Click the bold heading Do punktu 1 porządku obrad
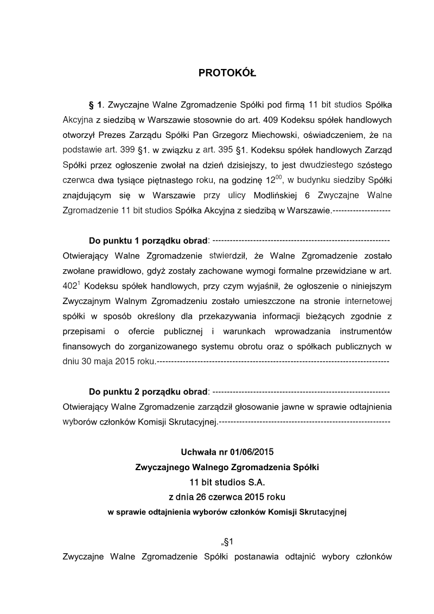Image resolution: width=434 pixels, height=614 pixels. click(x=148, y=240)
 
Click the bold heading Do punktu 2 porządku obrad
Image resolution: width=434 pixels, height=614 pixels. click(x=148, y=391)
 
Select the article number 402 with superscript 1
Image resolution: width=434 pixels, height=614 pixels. click(x=72, y=285)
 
